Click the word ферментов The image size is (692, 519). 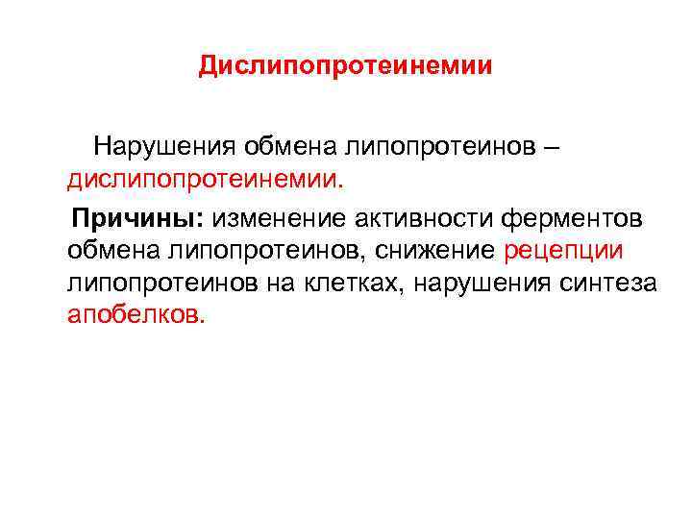(567, 217)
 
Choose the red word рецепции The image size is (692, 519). (564, 250)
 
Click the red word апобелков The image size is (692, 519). (136, 315)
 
